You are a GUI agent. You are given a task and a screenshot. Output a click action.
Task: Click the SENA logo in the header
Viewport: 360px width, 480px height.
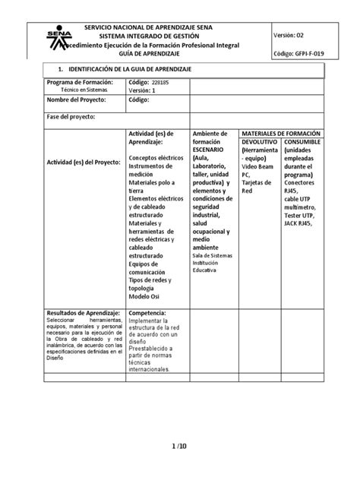point(55,37)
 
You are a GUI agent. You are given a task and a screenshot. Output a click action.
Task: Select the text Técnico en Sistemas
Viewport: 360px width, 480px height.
point(78,90)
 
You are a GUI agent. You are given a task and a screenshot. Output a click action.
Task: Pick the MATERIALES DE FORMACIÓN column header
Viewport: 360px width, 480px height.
point(279,133)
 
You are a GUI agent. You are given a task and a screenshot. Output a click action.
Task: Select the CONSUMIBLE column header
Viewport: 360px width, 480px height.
point(303,142)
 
